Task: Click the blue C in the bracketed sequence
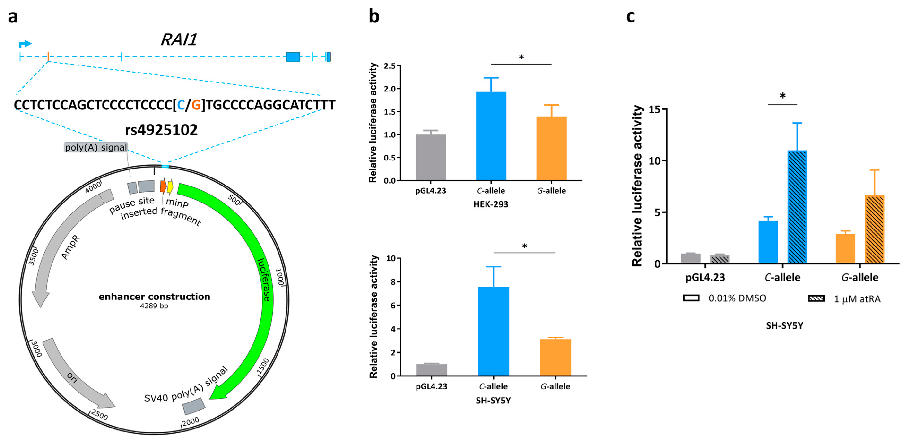tap(181, 105)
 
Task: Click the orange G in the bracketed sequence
tap(196, 105)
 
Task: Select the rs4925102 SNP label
tap(161, 130)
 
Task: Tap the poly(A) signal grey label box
tap(96, 147)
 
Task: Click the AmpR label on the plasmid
tap(71, 247)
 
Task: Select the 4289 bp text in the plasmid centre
tap(154, 306)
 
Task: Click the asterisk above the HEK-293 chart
tap(521, 57)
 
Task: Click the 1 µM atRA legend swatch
tap(816, 298)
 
